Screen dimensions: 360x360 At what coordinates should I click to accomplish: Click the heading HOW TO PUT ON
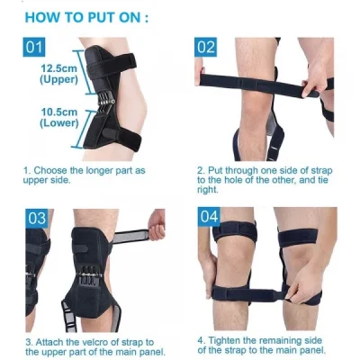point(91,17)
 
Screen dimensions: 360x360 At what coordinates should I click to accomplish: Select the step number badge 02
point(206,48)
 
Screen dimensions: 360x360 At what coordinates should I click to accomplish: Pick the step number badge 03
point(36,218)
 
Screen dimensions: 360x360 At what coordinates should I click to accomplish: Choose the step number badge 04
point(206,218)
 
